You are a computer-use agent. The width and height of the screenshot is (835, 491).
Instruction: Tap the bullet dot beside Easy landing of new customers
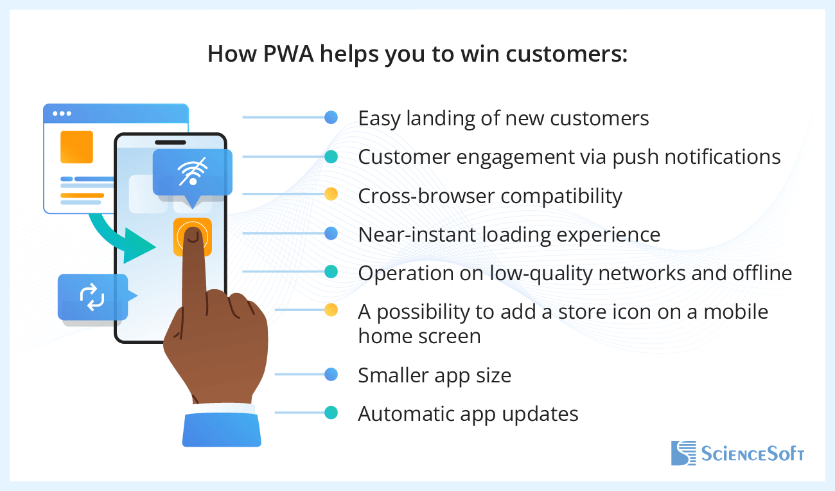(x=331, y=118)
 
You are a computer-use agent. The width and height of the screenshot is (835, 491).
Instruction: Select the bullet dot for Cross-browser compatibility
(x=331, y=194)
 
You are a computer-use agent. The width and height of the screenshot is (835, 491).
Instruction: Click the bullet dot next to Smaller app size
(x=331, y=374)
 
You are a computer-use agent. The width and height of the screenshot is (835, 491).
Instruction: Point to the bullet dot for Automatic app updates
(x=331, y=413)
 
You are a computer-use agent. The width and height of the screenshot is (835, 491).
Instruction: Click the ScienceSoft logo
(x=737, y=453)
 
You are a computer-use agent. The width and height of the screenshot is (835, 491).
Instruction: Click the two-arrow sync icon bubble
(x=92, y=297)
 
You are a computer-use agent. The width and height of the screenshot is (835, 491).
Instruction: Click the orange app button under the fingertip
(x=192, y=235)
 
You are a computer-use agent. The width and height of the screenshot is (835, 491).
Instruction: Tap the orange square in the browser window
(x=76, y=147)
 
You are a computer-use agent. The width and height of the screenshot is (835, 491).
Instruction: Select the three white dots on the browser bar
(x=62, y=114)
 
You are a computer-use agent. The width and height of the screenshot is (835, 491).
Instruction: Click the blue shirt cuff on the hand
(x=222, y=427)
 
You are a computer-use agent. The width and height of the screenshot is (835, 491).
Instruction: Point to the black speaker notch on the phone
(x=170, y=142)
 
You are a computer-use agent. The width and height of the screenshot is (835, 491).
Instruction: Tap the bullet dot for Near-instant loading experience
(x=331, y=234)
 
